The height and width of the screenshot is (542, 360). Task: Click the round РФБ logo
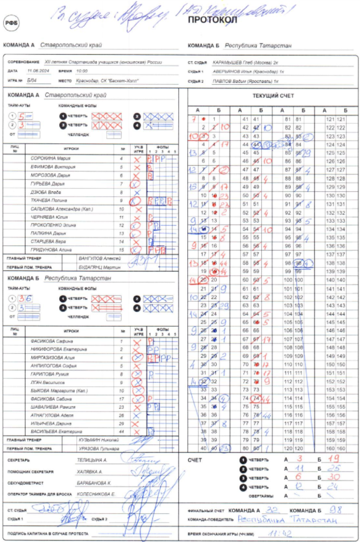coord(11,23)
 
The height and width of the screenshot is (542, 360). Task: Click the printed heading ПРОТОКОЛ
coord(212,20)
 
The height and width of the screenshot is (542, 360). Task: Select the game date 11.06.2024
coord(38,71)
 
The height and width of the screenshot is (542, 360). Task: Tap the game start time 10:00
coord(82,71)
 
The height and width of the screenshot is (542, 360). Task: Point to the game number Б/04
coord(32,80)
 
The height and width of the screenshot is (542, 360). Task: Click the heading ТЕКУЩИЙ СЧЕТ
coord(273,96)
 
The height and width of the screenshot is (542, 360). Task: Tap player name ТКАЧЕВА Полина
coord(49,200)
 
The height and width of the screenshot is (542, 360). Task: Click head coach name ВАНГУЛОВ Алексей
coord(99,259)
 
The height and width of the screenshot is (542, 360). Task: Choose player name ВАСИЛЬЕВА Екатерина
coord(56,432)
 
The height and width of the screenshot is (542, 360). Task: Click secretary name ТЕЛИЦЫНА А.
coord(92,460)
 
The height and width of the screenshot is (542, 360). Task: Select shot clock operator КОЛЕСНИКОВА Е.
coord(96,494)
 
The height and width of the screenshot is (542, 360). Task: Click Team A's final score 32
coord(272,510)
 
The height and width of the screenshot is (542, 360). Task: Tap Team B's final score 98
coord(335,510)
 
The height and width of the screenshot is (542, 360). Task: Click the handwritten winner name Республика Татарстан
coord(287,520)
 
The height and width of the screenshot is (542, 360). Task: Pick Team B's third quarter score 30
coord(334,477)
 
